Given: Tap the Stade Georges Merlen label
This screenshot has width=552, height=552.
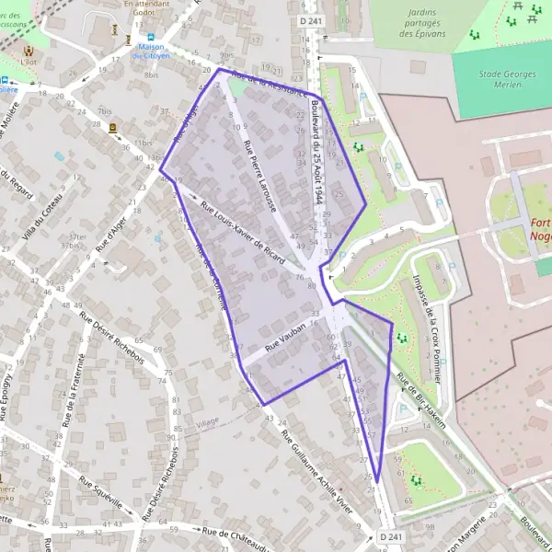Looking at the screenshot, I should (502, 76).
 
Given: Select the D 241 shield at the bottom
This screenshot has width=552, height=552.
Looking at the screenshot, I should (389, 535).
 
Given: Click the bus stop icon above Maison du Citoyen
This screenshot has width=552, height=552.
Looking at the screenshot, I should (145, 29).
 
